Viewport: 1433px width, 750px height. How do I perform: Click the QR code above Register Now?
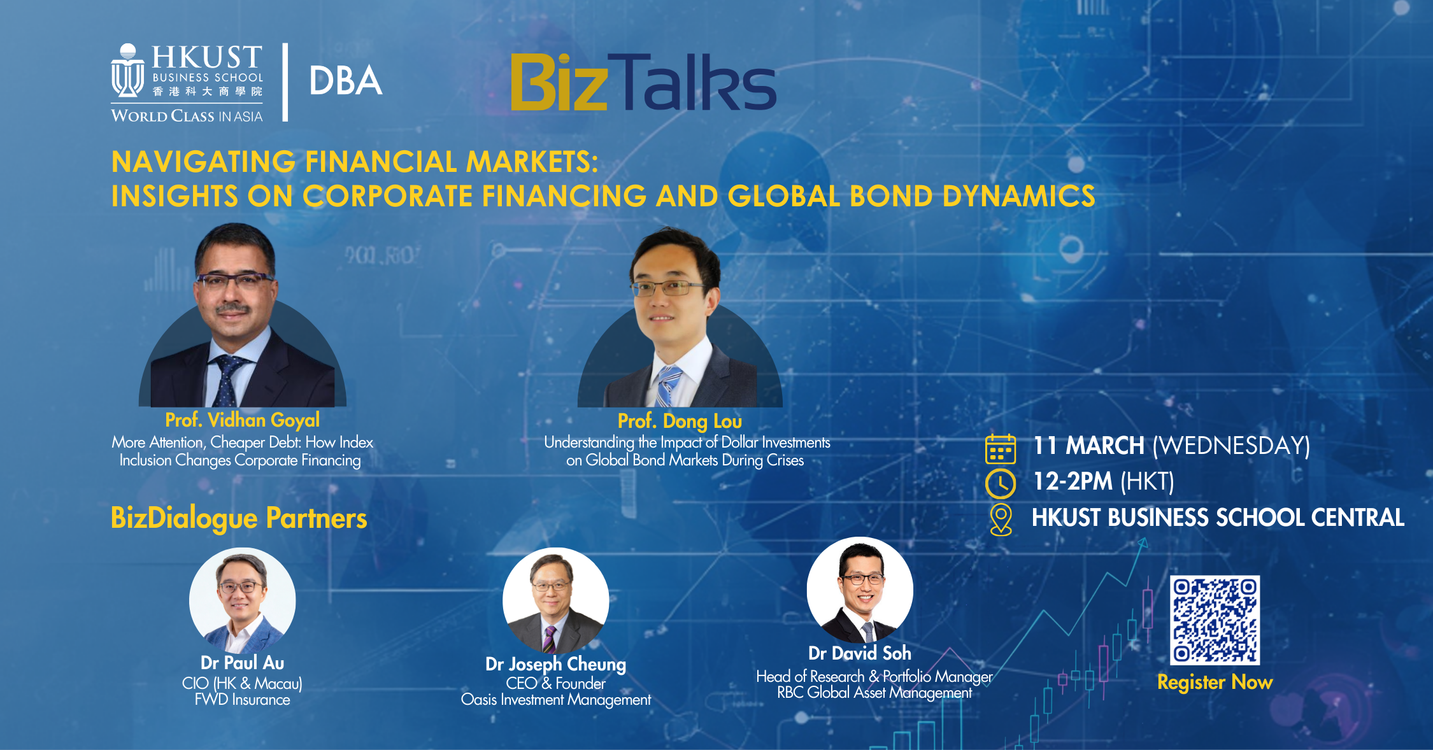click(1215, 620)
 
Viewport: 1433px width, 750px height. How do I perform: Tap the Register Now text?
click(1215, 682)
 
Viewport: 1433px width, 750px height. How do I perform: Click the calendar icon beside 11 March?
click(1000, 449)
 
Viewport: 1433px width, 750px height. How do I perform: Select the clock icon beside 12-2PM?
click(1000, 483)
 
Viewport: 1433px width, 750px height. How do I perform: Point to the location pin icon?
click(1001, 519)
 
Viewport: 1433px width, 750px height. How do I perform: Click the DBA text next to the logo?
click(345, 81)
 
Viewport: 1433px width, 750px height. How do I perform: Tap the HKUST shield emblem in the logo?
click(127, 72)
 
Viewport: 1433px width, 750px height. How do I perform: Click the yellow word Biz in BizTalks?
click(559, 83)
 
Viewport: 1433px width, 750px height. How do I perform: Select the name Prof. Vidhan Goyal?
click(242, 420)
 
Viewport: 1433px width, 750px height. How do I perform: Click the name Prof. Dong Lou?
click(680, 421)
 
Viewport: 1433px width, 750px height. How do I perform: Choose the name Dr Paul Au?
click(242, 663)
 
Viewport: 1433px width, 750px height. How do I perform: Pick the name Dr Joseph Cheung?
click(555, 664)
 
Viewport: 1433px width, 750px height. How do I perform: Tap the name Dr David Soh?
click(859, 653)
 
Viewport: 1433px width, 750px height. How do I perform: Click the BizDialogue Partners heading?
click(239, 518)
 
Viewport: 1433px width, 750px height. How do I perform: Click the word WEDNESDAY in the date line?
click(1231, 446)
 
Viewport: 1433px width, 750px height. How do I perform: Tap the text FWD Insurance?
click(242, 700)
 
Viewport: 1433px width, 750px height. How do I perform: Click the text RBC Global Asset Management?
click(874, 693)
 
